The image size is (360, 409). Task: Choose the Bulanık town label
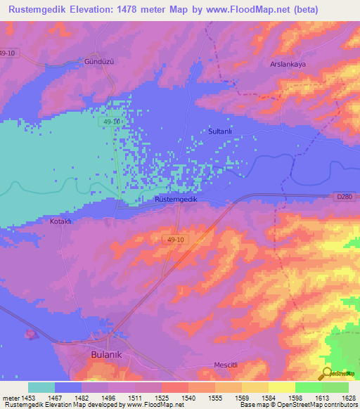point(107,355)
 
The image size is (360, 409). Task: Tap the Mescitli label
point(227,365)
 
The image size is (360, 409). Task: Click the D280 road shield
point(344,197)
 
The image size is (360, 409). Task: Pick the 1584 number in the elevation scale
point(268,397)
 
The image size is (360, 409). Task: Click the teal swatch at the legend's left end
point(41,387)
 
